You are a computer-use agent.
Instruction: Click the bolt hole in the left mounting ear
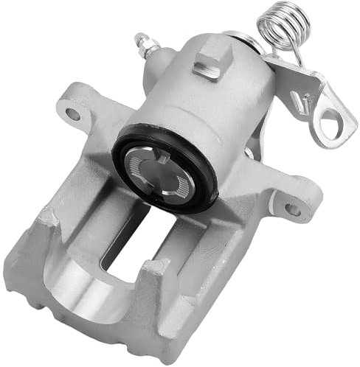(73, 114)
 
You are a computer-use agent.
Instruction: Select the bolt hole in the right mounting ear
(293, 209)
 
